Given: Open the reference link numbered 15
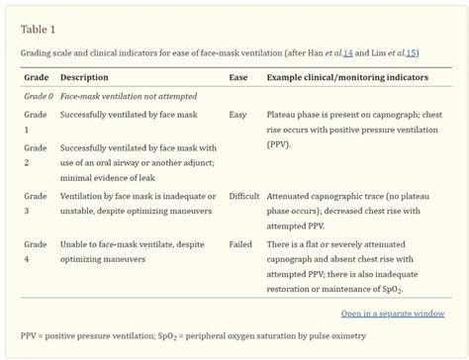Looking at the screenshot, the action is click(411, 51).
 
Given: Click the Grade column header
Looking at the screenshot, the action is click(37, 77).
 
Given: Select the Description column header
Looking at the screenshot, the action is click(84, 77).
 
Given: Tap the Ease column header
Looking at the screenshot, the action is click(238, 77).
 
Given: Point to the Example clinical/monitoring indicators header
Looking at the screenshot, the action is click(347, 77).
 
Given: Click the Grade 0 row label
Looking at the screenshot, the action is click(39, 96).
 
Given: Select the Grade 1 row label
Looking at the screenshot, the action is click(35, 122).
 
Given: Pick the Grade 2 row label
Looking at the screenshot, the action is click(35, 154).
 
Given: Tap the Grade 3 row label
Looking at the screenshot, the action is click(35, 204).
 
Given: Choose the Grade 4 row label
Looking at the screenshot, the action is click(35, 251).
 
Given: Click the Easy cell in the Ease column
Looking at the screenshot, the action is click(237, 115).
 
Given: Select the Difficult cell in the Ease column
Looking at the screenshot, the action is click(243, 197).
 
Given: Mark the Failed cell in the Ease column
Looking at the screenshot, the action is click(239, 244).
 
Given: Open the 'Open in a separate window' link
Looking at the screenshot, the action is click(393, 314).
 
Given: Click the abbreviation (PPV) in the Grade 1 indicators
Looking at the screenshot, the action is click(280, 144).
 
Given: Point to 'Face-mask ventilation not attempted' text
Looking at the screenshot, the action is click(129, 96).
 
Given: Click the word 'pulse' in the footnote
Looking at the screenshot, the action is click(308, 337).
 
